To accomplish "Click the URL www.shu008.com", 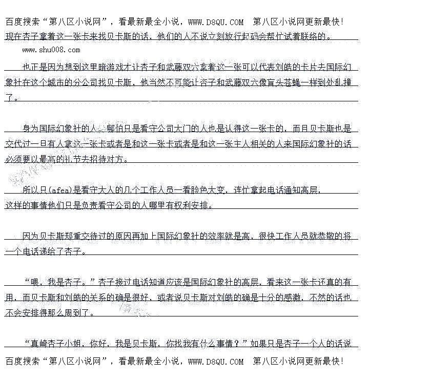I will pyautogui.click(x=51, y=50).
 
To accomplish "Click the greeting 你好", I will pyautogui.click(x=98, y=344).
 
